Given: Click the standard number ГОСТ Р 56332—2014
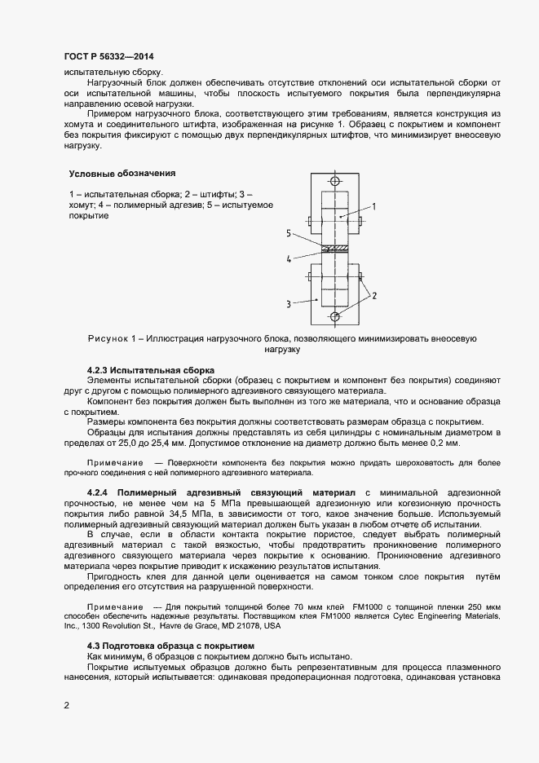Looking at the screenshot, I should coord(108,56).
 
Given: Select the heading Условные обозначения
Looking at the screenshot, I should coord(121,174).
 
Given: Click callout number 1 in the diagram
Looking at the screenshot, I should coord(374,207).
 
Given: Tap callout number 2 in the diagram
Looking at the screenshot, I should coord(374,296).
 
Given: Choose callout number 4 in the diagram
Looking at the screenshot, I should coord(289,259).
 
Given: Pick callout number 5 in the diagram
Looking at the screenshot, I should coord(289,233).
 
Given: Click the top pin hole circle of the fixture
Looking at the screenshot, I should coord(334,182).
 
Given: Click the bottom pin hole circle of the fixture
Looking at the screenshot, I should coord(334,316).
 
